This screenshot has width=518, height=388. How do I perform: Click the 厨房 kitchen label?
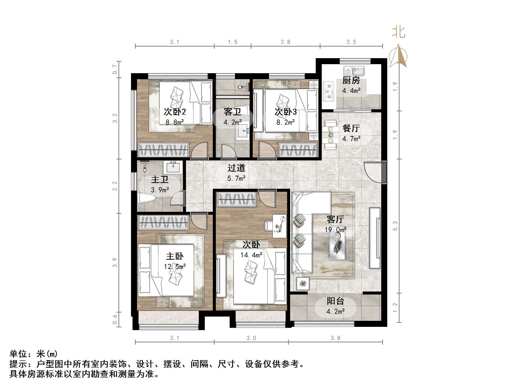pyautogui.click(x=351, y=80)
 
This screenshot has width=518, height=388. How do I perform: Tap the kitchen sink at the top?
pyautogui.click(x=354, y=71)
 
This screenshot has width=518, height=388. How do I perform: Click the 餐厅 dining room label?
pyautogui.click(x=351, y=128)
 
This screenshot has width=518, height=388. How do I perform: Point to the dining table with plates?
pyautogui.click(x=330, y=135)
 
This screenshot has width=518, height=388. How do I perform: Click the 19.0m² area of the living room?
pyautogui.click(x=335, y=230)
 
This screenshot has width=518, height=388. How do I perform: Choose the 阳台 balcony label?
pyautogui.click(x=335, y=301)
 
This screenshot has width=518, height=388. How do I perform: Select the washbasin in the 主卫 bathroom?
pyautogui.click(x=173, y=167)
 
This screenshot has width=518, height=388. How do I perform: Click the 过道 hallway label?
pyautogui.click(x=236, y=168)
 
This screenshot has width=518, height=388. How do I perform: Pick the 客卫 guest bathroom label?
pyautogui.click(x=232, y=112)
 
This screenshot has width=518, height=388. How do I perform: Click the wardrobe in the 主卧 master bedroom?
pyautogui.click(x=163, y=222)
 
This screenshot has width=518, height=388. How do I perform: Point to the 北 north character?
pyautogui.click(x=399, y=33)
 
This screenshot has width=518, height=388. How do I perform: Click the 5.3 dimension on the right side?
pyautogui.click(x=395, y=226)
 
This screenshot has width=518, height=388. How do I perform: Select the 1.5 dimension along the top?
pyautogui.click(x=232, y=42)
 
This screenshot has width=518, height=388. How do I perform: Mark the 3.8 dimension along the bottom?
pyautogui.click(x=335, y=338)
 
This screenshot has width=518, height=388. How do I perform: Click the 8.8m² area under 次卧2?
pyautogui.click(x=175, y=122)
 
